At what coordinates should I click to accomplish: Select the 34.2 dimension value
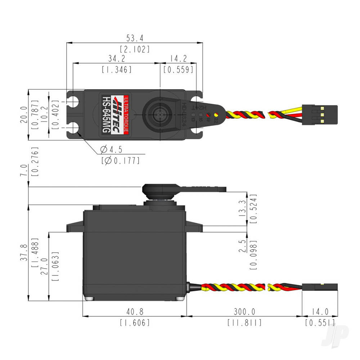116,58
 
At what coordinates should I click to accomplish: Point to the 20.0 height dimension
24,114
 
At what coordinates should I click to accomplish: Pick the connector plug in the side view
320,287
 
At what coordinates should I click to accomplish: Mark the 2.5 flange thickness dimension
243,246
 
